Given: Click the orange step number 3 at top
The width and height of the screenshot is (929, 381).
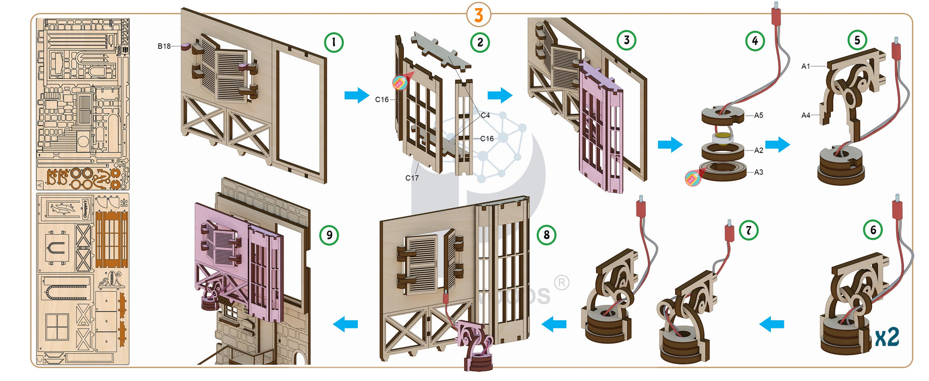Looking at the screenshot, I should [478, 15].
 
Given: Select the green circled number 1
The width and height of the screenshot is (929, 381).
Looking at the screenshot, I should [334, 42].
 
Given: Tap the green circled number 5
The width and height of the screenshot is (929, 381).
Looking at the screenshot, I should [857, 40].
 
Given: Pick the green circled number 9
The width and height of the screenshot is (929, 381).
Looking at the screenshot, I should [329, 235].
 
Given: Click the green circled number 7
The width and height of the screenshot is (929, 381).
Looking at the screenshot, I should [748, 230].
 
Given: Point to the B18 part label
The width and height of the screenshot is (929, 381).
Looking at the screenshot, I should [164, 46].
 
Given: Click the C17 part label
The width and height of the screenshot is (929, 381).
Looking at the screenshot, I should [412, 178].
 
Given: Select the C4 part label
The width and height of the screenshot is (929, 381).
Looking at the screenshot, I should [485, 115].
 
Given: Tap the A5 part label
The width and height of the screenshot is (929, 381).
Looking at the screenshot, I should [759, 115].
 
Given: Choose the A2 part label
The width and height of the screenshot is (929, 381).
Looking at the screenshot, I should [759, 150].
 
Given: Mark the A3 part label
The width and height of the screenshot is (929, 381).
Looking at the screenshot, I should [759, 172].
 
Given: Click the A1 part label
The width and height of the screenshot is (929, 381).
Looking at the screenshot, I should [806, 66].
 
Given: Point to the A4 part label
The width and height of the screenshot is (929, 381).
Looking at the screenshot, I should [806, 115].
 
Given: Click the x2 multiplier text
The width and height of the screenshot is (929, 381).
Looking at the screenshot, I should [887, 337].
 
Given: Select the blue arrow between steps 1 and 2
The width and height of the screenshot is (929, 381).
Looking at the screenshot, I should [357, 95].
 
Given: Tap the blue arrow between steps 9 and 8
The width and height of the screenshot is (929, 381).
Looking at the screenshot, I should [345, 324].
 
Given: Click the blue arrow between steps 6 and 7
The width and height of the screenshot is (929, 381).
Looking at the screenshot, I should [771, 324].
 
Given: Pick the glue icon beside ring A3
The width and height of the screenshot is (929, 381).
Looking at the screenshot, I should [692, 178].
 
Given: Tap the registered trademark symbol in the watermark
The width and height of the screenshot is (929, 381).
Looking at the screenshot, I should [562, 283].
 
